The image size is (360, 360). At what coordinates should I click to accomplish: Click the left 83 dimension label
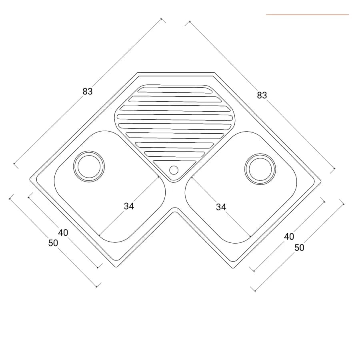(88, 91)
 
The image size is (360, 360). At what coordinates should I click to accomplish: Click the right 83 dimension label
(262, 95)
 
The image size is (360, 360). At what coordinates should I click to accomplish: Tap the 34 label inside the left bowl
(129, 206)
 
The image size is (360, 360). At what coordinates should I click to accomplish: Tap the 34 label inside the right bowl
(221, 207)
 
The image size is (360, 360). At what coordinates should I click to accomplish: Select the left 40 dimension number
(63, 233)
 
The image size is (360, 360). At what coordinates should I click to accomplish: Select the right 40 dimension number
(289, 236)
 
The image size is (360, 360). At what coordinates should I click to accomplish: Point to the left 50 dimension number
(53, 243)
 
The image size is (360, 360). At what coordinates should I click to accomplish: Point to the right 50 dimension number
(299, 248)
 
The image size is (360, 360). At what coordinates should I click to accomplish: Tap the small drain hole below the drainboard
(174, 170)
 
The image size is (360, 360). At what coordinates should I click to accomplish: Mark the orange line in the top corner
(308, 15)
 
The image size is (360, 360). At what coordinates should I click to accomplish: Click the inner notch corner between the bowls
(175, 208)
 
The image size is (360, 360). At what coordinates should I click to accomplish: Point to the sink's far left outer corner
(30, 179)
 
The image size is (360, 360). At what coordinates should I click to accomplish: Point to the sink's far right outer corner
(321, 181)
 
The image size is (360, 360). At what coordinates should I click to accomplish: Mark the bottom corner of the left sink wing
(116, 267)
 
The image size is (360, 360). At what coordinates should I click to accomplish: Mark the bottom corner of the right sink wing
(233, 268)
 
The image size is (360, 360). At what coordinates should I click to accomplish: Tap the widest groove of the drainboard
(175, 117)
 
